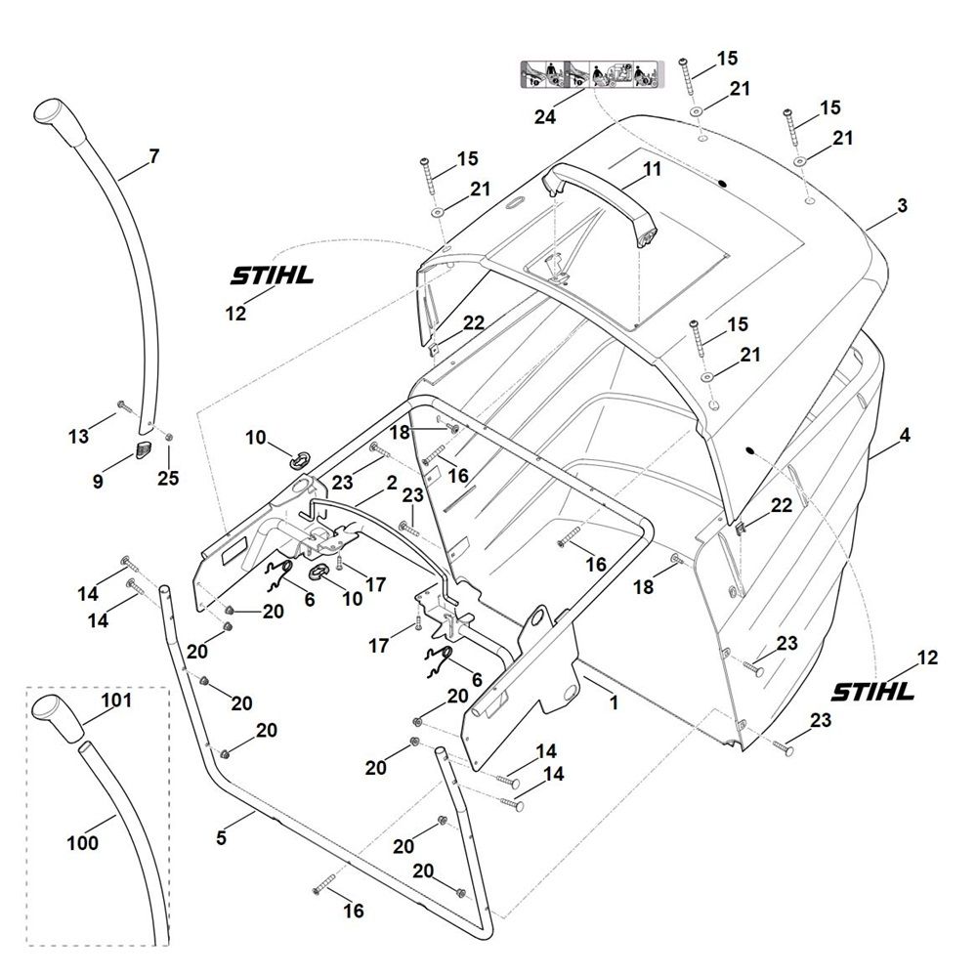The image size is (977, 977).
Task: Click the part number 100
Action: coord(83,842)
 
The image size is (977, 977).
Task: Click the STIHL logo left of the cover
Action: coord(272,276)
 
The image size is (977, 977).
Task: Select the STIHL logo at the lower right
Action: coord(872,691)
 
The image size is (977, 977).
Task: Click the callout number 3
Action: coord(902,205)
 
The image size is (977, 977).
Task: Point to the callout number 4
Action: coord(905,435)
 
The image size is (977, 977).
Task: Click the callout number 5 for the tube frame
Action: coord(221,838)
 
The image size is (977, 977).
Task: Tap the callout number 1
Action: coord(614,702)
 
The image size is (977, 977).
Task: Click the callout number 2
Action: coord(392,483)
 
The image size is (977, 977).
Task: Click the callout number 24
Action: coord(545,116)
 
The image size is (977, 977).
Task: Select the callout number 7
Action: coord(154,155)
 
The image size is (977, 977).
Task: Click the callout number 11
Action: coord(652,169)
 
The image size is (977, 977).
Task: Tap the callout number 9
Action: coord(98,481)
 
